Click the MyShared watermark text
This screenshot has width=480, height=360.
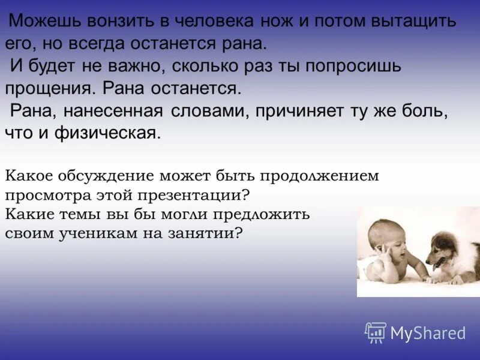point(428,333)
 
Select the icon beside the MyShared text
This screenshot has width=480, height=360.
point(376,332)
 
